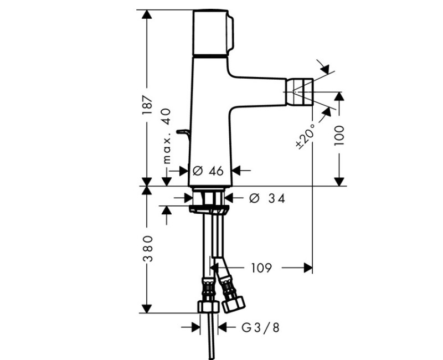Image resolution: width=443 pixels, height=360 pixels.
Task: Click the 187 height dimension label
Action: click(x=147, y=105)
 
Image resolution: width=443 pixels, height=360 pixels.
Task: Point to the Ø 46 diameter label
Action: click(x=209, y=171)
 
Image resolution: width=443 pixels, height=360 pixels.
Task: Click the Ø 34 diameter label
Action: click(x=266, y=198)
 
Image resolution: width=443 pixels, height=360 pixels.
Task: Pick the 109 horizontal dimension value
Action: click(x=260, y=268)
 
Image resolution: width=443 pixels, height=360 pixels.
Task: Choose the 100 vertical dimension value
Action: click(x=339, y=135)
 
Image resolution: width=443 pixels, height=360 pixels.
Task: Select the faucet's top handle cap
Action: click(x=213, y=32)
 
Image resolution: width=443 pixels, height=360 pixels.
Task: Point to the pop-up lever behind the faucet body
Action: click(x=183, y=132)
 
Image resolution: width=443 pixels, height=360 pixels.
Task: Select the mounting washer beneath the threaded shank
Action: click(x=208, y=209)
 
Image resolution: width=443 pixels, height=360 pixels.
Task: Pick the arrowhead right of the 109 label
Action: click(x=308, y=268)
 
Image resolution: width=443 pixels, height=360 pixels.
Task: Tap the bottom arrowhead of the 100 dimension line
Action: click(x=339, y=181)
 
